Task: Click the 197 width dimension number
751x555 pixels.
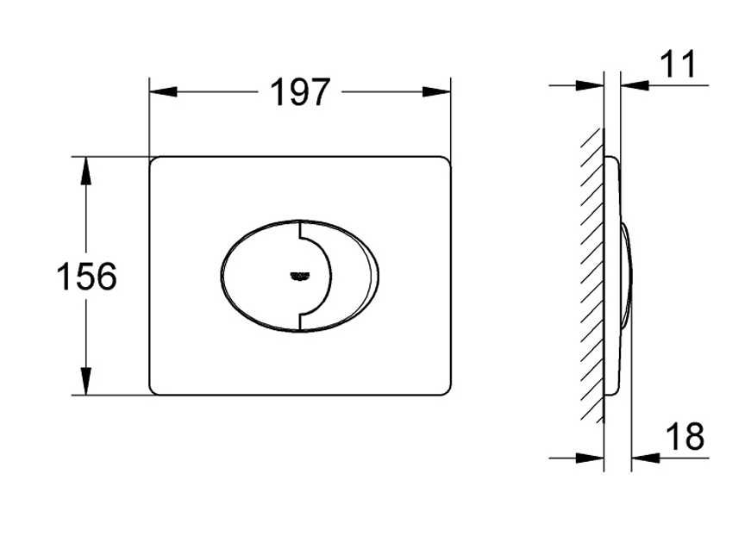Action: point(300,92)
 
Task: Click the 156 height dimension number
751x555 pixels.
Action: point(86,277)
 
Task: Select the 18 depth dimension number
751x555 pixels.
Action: point(685,436)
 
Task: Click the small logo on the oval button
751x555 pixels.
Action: point(300,275)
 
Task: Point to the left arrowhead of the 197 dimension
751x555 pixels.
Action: point(163,91)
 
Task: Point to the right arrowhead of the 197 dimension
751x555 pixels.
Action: point(436,91)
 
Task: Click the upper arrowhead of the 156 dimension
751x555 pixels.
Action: point(85,171)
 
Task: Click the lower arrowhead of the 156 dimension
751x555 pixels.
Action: point(85,381)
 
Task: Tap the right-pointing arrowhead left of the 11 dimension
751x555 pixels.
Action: point(590,85)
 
